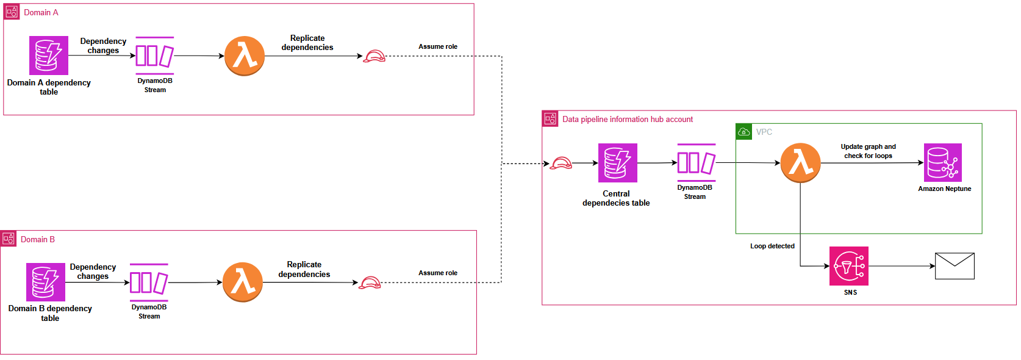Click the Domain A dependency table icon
49,56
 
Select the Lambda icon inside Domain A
245,56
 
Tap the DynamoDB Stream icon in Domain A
155,56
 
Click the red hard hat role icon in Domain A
374,57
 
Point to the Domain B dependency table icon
46,282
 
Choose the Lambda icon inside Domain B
243,283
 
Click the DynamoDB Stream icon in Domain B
149,283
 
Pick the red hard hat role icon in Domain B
370,283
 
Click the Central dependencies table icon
618,163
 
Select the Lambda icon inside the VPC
801,163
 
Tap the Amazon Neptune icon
943,162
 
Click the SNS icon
849,266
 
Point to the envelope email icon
955,266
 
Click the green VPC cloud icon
744,132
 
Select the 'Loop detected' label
772,247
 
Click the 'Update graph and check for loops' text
868,151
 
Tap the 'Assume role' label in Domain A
438,47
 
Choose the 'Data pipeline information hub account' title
628,120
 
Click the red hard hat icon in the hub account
561,164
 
